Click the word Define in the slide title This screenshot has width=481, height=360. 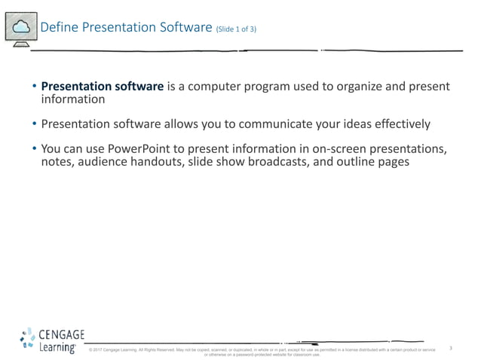[55, 28]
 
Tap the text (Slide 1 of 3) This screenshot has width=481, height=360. [240, 30]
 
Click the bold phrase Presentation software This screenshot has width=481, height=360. [102, 87]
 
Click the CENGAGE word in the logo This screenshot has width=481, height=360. [61, 334]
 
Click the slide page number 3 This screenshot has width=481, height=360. [450, 348]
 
